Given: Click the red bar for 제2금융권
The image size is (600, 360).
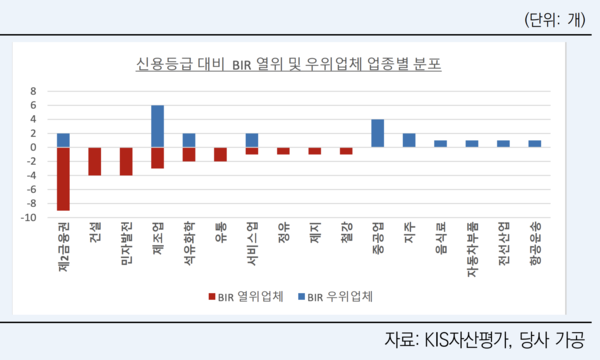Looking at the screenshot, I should pos(63,178).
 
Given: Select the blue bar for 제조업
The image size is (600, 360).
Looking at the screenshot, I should pos(158,126).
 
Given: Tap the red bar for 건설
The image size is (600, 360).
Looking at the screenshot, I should pos(95,161).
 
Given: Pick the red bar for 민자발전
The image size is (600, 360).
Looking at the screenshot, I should pos(127,161).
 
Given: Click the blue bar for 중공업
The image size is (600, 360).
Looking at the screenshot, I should pos(378,133).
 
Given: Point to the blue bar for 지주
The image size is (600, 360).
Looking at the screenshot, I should pos(409,140).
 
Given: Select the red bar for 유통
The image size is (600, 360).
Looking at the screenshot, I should pos(221,154).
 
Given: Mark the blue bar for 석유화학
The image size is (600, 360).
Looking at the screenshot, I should pos(189,140).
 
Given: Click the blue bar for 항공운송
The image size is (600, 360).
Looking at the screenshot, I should pos(535,144).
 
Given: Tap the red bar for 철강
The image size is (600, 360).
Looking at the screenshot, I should pos(346,151).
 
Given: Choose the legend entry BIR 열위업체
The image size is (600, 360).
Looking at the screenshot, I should pos(245,296).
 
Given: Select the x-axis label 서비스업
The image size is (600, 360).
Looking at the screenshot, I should pos(252,246).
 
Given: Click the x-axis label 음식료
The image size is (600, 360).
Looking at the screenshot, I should pos(441,243).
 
